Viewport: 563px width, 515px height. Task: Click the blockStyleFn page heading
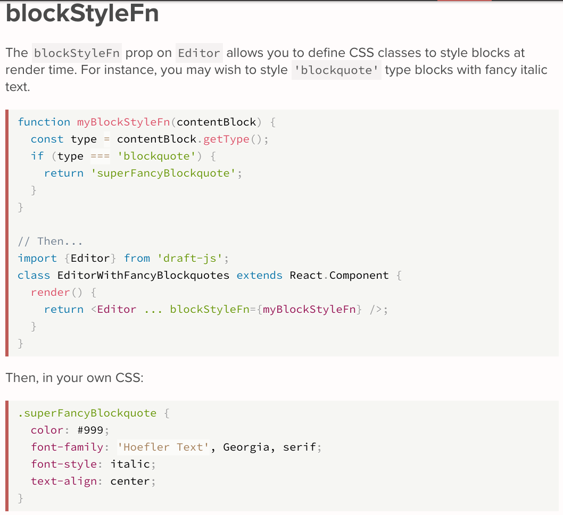pyautogui.click(x=82, y=14)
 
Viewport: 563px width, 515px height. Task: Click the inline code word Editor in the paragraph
pyautogui.click(x=199, y=53)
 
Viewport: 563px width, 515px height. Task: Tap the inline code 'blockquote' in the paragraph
pyautogui.click(x=336, y=70)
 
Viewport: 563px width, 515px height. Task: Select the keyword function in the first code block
pyautogui.click(x=44, y=122)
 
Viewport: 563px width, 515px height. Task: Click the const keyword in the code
pyautogui.click(x=47, y=139)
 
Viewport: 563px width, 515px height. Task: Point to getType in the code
pyautogui.click(x=226, y=139)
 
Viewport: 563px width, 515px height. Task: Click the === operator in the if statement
pyautogui.click(x=100, y=156)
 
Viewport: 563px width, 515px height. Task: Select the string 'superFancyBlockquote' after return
pyautogui.click(x=163, y=173)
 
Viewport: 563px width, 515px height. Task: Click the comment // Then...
pyautogui.click(x=50, y=241)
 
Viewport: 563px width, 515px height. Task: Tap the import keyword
pyautogui.click(x=37, y=258)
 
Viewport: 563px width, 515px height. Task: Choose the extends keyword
pyautogui.click(x=259, y=275)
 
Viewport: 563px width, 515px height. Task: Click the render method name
pyautogui.click(x=50, y=292)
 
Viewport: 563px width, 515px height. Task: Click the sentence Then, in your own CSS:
pyautogui.click(x=74, y=378)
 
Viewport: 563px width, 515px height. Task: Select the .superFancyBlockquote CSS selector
pyautogui.click(x=87, y=413)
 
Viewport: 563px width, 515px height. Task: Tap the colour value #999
pyautogui.click(x=93, y=430)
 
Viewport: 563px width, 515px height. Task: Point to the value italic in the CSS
pyautogui.click(x=130, y=464)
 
